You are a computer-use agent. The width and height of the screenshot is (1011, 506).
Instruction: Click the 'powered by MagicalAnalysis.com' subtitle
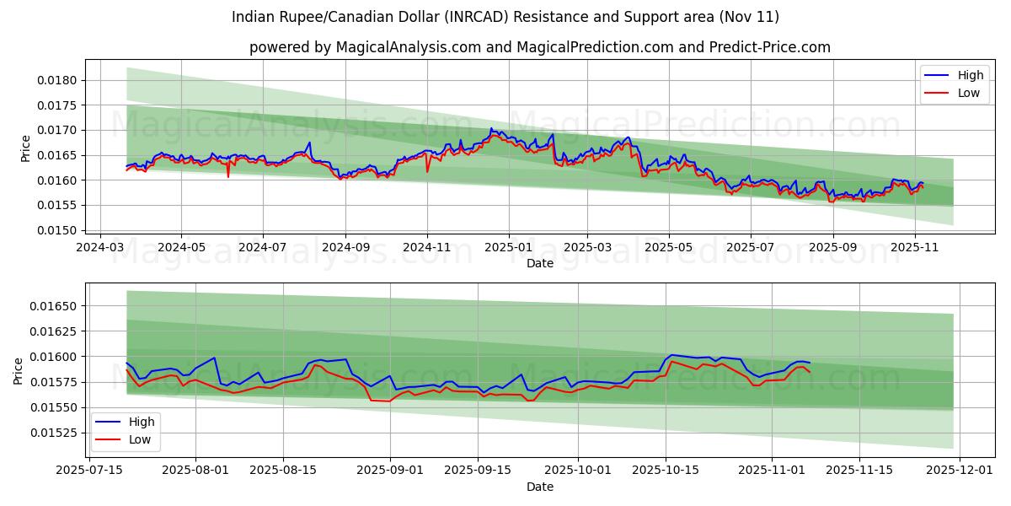[x=539, y=47]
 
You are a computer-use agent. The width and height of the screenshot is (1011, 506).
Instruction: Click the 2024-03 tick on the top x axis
[x=100, y=248]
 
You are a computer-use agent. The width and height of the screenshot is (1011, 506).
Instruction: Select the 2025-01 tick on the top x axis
[x=508, y=248]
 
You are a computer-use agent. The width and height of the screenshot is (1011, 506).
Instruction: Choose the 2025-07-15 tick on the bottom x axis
[x=90, y=471]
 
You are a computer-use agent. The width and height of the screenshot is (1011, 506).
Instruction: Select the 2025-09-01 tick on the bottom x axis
[x=389, y=471]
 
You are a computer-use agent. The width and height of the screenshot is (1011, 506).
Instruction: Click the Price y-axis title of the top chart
[x=25, y=148]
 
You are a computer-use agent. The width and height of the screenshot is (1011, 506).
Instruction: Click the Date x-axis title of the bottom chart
[x=539, y=487]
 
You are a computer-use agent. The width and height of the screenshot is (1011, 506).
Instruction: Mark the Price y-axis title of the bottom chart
[x=19, y=371]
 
